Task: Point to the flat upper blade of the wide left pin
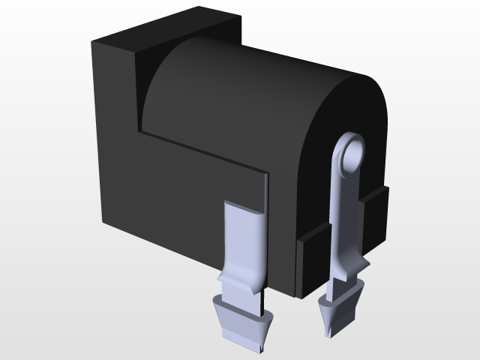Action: click(x=244, y=240)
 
